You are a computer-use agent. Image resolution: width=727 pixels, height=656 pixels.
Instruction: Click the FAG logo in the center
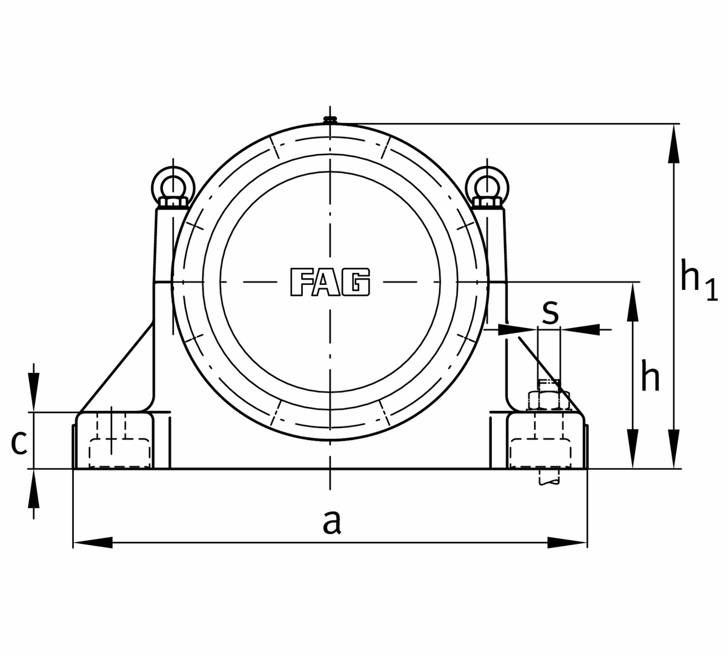(330, 282)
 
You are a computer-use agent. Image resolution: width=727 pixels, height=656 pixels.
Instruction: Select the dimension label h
(650, 379)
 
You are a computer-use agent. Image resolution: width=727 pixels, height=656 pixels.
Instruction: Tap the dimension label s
(549, 311)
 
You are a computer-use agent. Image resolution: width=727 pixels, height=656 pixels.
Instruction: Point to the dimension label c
(19, 443)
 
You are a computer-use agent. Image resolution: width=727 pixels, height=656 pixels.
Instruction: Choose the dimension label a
(331, 521)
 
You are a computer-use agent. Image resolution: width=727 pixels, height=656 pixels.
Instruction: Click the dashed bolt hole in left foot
(119, 452)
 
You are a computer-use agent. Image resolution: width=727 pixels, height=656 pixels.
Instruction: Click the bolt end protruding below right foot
(549, 478)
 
